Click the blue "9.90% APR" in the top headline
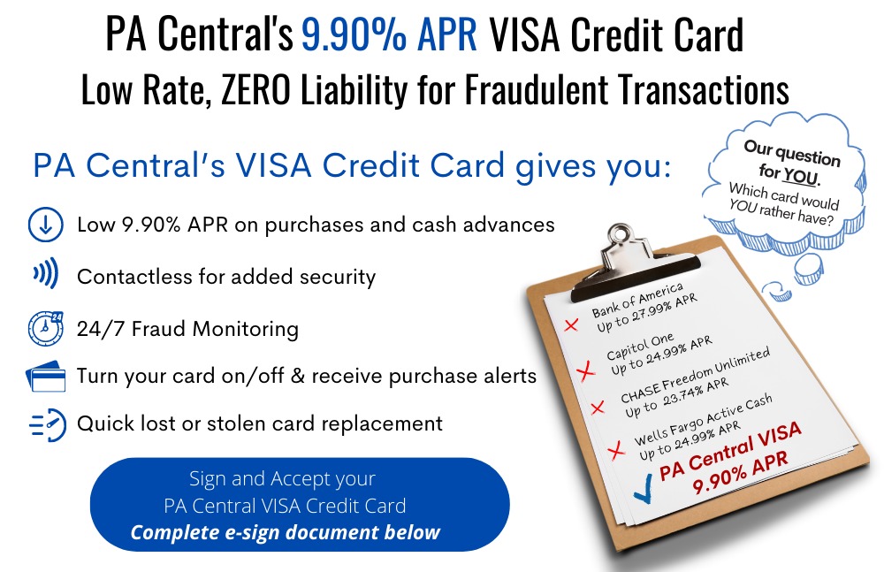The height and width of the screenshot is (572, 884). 389,34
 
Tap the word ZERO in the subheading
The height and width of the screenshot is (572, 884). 256,90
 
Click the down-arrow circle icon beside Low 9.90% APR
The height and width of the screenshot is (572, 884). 45,225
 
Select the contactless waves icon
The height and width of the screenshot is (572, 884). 46,273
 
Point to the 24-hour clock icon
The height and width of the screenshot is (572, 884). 45,328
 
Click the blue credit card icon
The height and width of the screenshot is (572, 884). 46,377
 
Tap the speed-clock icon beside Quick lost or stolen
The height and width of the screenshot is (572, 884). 48,424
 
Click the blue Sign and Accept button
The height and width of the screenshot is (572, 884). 300,504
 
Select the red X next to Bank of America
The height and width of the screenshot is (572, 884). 571,325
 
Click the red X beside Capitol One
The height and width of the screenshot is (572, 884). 586,370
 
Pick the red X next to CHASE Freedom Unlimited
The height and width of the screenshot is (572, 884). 597,408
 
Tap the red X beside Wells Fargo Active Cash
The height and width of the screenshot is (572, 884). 616,450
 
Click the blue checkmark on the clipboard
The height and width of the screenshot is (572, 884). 643,489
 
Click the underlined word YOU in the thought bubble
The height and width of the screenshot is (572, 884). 800,176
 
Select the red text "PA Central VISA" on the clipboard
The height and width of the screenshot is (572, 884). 730,451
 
